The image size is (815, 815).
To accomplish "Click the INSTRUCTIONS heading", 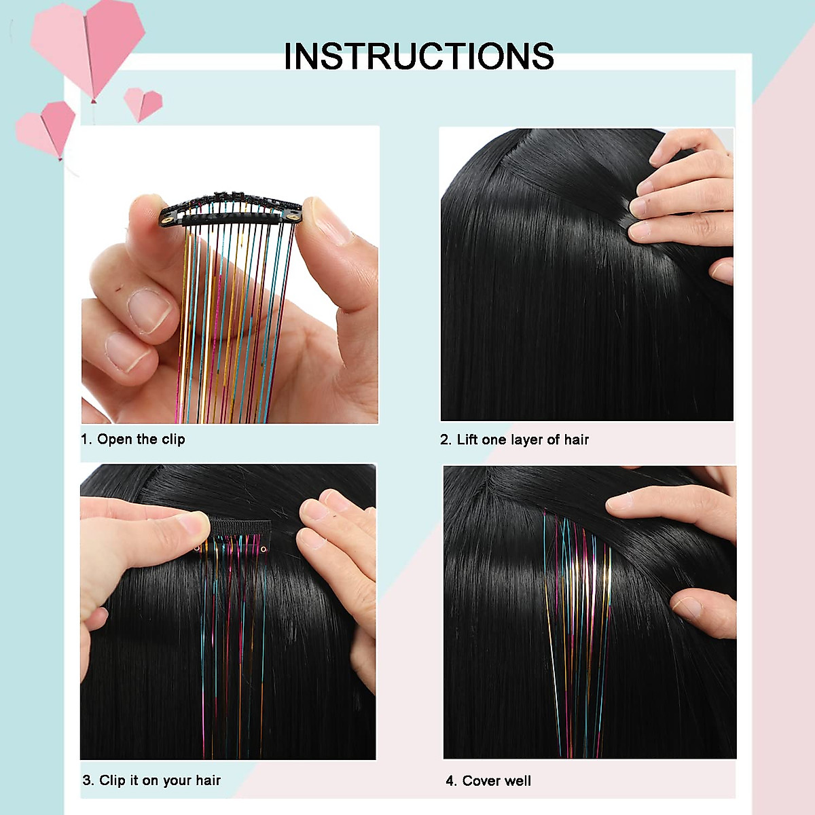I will point(418,56).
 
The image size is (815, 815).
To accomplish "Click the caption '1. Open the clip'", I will point(133,439).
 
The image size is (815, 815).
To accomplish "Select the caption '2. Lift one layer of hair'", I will point(514,440).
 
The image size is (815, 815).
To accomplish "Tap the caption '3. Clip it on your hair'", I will point(151,780).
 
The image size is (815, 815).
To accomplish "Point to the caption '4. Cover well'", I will point(488,781).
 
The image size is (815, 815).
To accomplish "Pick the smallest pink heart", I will point(144,103).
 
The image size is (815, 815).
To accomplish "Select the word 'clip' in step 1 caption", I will point(173,439).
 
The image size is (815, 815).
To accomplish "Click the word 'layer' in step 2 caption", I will point(526,440).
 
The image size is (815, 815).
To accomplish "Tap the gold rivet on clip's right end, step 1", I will point(293,216).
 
